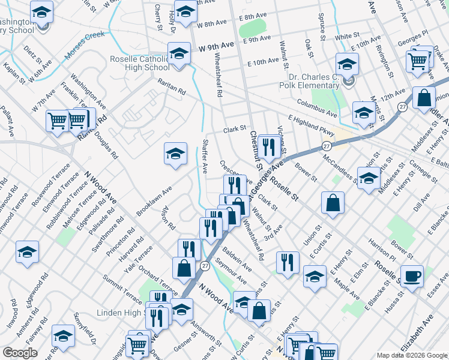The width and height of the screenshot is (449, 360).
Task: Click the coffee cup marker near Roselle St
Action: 412,276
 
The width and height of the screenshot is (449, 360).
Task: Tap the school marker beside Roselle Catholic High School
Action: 179,54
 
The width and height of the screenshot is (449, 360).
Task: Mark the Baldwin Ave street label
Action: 237,254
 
